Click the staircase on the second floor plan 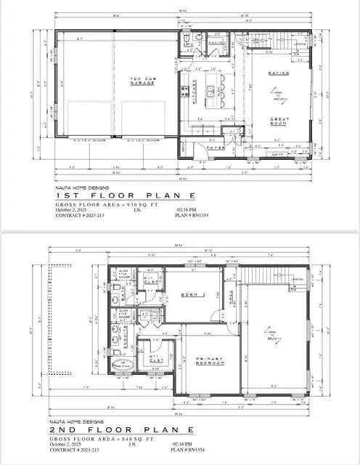[263, 276]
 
